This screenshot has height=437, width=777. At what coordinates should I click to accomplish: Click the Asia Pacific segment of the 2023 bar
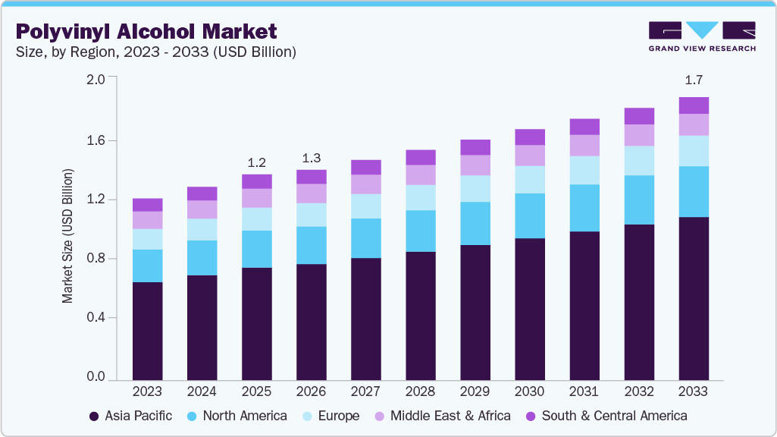coord(147,331)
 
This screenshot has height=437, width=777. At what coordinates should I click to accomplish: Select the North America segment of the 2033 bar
coord(693,192)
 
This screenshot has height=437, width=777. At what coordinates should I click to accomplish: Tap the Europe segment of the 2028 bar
coord(420,197)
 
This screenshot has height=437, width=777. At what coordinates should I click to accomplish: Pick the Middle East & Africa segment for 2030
coord(529,156)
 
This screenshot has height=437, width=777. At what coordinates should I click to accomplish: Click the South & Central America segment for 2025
coord(256,181)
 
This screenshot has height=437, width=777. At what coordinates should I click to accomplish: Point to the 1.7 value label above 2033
coord(693,80)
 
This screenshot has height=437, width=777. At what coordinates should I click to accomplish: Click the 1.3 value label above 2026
coord(311,158)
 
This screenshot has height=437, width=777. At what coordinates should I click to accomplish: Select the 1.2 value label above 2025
coord(256,162)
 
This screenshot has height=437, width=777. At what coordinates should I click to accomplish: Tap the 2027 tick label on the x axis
coord(365,391)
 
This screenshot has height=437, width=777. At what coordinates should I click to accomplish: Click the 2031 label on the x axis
coord(584,391)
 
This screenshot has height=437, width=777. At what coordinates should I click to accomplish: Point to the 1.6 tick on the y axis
coord(96,140)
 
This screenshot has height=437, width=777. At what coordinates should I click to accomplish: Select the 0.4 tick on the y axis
coord(96,317)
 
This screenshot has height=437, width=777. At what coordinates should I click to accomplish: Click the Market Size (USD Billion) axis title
coord(68,237)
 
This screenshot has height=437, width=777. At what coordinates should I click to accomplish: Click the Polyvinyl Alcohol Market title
coord(146,32)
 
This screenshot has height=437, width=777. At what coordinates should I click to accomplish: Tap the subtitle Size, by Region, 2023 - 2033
coord(155,52)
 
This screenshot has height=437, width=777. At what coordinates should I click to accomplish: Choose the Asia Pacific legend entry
coord(130,416)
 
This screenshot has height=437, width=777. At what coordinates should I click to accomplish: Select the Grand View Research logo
coord(701,36)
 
